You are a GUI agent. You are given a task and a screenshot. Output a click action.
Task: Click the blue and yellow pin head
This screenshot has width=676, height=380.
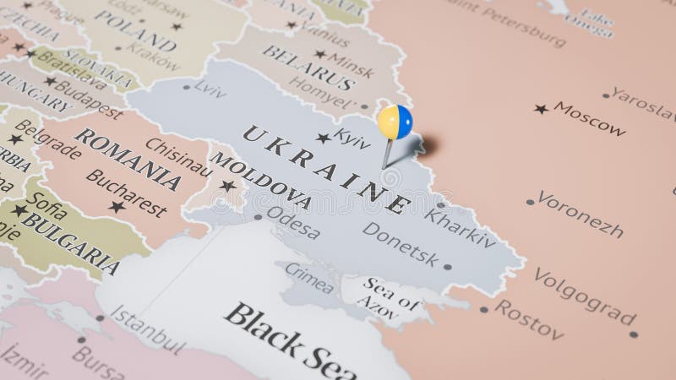pyautogui.click(x=395, y=122)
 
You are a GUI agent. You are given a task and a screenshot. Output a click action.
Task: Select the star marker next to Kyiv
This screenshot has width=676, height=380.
pyautogui.click(x=322, y=138)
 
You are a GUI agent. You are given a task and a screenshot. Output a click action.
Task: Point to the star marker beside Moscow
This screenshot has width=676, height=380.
pyautogui.click(x=541, y=109)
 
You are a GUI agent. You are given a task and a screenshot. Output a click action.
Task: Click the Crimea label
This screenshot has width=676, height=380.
pyautogui.click(x=308, y=277)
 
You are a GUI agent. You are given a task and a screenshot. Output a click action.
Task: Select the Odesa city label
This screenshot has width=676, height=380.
pyautogui.click(x=292, y=225)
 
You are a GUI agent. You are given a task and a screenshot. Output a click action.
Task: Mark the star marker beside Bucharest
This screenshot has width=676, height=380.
pyautogui.click(x=117, y=206)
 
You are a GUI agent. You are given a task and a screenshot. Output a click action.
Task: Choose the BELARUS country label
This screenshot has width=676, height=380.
pyautogui.click(x=308, y=68)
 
